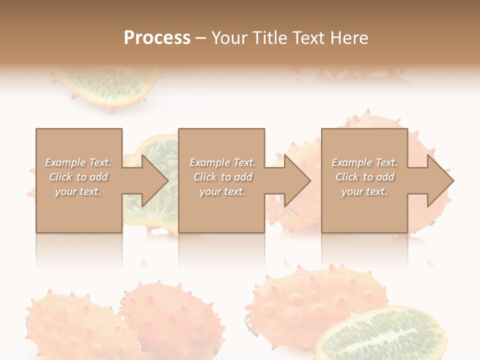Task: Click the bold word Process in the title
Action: [157, 38]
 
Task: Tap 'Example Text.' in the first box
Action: [78, 162]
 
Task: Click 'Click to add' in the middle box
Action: [222, 177]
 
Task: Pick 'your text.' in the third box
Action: [364, 191]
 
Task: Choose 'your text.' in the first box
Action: [78, 191]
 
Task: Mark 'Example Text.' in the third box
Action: [364, 162]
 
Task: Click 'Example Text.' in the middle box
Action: [222, 162]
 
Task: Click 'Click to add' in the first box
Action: [78, 177]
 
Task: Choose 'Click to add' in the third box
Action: [364, 177]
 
